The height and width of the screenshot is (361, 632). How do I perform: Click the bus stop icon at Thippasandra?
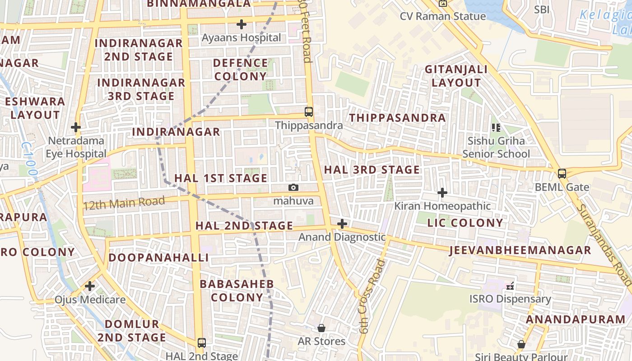point(309,112)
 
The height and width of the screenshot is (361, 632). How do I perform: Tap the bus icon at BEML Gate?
point(562,174)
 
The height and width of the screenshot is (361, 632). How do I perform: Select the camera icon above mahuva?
point(293,187)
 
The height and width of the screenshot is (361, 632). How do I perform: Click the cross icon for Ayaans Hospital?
point(242,24)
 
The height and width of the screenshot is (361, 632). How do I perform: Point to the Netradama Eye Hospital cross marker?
point(76,127)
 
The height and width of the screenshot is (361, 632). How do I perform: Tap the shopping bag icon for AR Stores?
point(321,328)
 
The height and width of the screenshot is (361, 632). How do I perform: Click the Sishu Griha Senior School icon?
point(496,128)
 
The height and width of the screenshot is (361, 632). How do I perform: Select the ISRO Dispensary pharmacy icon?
point(510,286)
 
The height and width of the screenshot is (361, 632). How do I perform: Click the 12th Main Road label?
point(124,203)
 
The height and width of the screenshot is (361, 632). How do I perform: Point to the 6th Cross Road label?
point(371,296)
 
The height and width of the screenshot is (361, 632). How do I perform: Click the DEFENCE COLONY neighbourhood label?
point(240,69)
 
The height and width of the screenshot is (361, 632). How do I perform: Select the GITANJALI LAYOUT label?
point(456,76)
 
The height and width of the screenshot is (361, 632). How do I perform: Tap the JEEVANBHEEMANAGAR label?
point(520,250)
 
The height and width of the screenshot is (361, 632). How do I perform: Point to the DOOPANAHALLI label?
point(158,258)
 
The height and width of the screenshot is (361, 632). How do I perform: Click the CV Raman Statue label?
point(443,16)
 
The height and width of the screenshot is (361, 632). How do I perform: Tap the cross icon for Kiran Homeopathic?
point(442,193)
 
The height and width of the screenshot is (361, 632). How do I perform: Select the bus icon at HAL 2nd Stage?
point(202,343)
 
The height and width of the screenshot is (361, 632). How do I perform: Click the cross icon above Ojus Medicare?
point(90,286)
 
